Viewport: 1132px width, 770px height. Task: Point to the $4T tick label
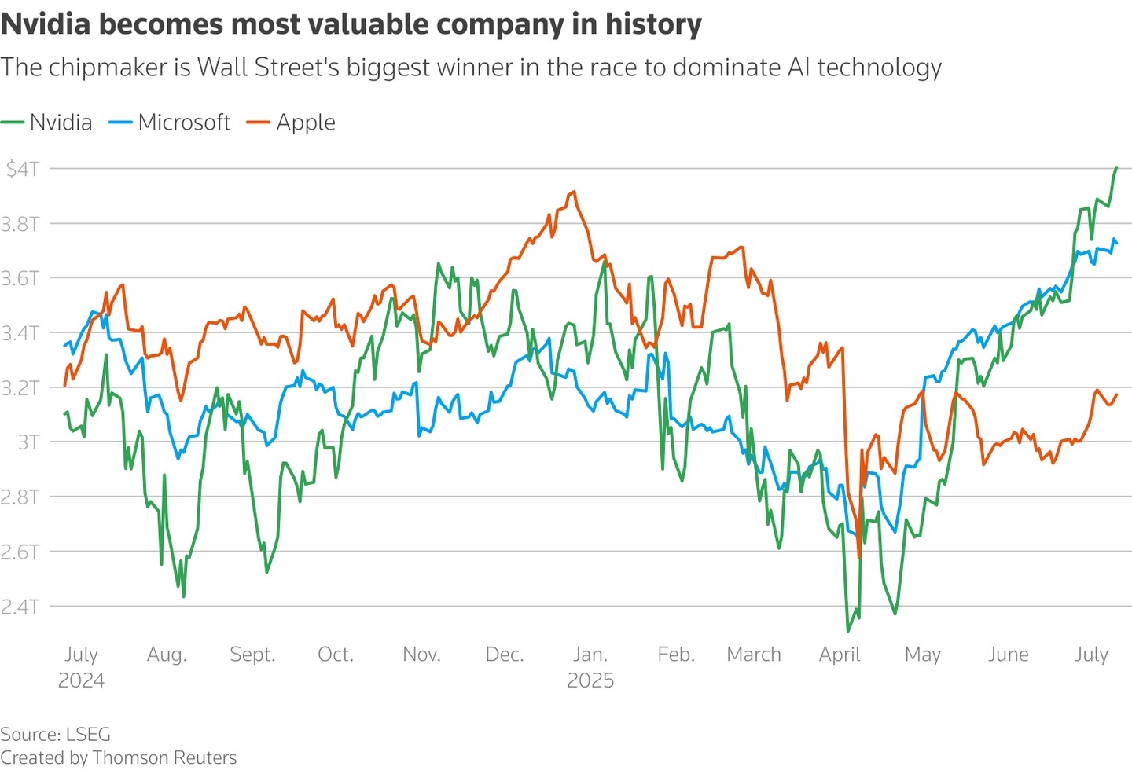pos(22,169)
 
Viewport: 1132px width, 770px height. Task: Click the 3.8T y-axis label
pos(20,224)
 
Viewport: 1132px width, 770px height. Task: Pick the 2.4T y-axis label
pos(20,607)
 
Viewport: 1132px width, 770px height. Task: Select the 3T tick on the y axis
pos(28,442)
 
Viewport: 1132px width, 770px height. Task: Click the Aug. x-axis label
pos(167,654)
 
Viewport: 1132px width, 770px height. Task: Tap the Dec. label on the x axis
pos(505,654)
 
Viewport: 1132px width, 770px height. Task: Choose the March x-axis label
pos(754,654)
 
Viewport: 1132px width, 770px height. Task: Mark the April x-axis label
pos(840,654)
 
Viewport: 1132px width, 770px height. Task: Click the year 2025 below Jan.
pos(590,680)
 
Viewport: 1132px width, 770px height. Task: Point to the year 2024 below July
pos(81,680)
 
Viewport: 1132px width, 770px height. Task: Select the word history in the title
pos(653,24)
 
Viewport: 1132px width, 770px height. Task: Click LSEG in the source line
pos(88,735)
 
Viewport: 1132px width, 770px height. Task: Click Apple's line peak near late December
pos(575,191)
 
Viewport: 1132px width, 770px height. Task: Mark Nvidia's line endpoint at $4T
pos(1116,167)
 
